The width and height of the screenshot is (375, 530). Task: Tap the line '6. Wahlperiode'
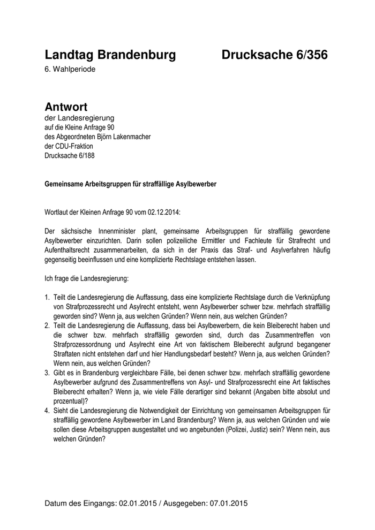[x=70, y=70]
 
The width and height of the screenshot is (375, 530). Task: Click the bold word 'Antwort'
[x=66, y=107]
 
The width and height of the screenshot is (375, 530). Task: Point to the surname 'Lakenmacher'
[x=132, y=137]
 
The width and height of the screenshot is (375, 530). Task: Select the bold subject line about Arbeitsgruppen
[x=130, y=184]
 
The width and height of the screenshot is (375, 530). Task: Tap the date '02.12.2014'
[x=164, y=213]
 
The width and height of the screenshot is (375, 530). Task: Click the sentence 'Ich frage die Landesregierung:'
[x=87, y=278]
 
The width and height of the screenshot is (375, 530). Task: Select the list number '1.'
[x=47, y=297]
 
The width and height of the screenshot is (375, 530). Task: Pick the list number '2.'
[x=47, y=325]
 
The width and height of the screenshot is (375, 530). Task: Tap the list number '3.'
[x=47, y=372]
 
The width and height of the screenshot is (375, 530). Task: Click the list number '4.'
[x=47, y=410]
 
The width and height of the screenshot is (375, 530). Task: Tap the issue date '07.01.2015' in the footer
[x=226, y=503]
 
